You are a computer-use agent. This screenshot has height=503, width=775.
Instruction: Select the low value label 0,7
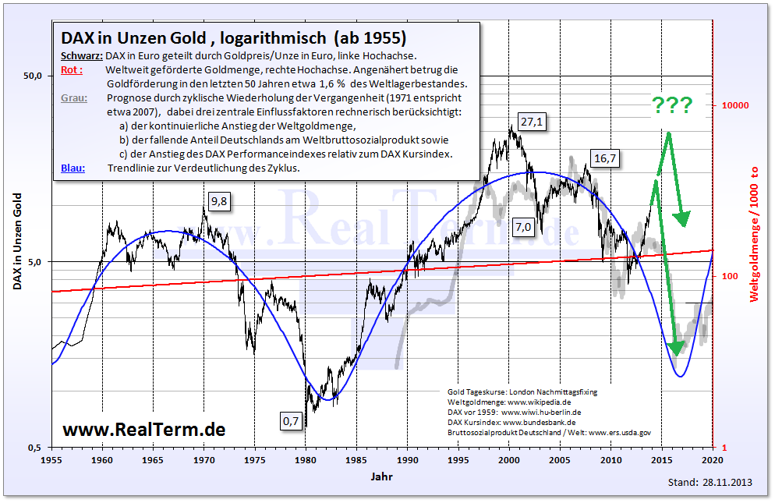click(291, 422)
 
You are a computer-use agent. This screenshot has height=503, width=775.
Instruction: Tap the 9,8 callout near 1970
click(221, 202)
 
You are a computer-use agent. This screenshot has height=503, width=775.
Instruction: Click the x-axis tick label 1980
click(306, 460)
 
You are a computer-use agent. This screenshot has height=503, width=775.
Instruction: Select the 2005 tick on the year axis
click(560, 460)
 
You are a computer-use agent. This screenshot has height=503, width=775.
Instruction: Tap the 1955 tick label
click(51, 460)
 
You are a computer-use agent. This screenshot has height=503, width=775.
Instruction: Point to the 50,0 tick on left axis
click(32, 76)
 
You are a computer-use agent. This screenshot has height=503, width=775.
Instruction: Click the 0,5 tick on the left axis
click(34, 448)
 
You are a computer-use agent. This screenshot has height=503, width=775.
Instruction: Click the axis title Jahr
click(382, 475)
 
